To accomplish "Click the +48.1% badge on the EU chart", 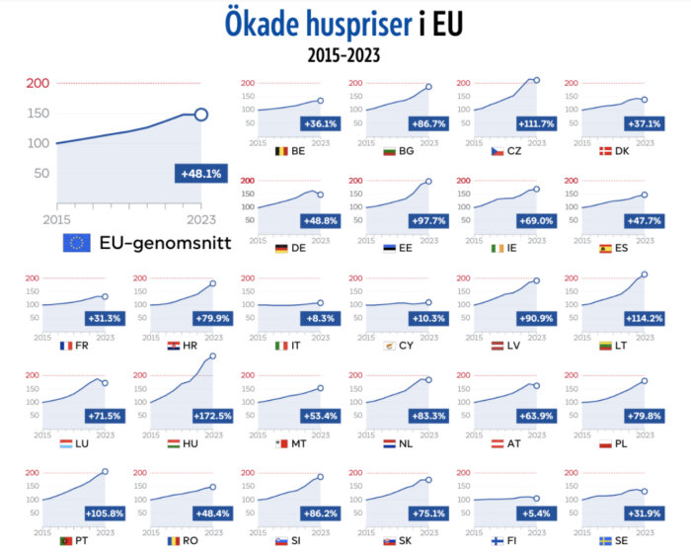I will pos(200,174).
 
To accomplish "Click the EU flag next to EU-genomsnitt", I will pos(77,243).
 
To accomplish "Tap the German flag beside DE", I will pos(282,248).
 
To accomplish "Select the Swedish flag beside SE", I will pos(607,541).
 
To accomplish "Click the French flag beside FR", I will pos(66,346).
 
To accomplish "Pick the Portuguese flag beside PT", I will pos(66,541).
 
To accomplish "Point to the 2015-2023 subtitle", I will pos(344,55).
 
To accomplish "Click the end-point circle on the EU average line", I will pos(201,115).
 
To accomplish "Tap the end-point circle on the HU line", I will pos(212,356).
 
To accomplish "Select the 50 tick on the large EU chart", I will pos(41,173).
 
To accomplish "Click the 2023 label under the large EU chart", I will pos(200,218).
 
